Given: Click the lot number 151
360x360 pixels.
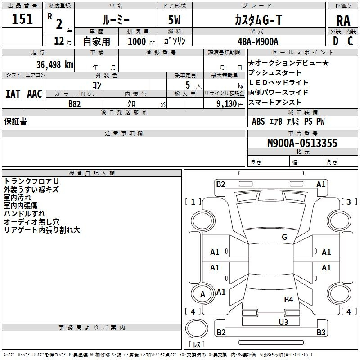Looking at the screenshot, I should pyautogui.click(x=22, y=19).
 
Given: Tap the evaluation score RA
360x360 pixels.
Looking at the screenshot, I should pyautogui.click(x=343, y=21).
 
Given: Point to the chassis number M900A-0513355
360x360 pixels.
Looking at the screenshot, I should pyautogui.click(x=302, y=143).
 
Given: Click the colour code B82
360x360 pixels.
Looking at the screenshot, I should pyautogui.click(x=74, y=103).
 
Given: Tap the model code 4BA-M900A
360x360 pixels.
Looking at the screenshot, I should pyautogui.click(x=258, y=41).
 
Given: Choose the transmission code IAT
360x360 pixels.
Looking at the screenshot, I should pyautogui.click(x=12, y=94).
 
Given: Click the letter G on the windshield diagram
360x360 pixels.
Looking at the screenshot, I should pyautogui.click(x=284, y=237).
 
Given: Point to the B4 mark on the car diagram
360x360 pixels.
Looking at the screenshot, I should pyautogui.click(x=288, y=299).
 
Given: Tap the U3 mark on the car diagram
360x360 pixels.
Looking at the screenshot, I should pyautogui.click(x=283, y=322).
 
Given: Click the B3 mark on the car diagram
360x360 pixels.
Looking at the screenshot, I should pyautogui.click(x=321, y=333).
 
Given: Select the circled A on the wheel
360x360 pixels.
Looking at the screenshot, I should pyautogui.click(x=202, y=294).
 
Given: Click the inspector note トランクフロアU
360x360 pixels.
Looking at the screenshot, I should pyautogui.click(x=31, y=181).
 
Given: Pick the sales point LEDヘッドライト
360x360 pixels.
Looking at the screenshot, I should pyautogui.click(x=278, y=82).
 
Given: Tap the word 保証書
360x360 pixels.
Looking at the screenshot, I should pyautogui.click(x=15, y=121).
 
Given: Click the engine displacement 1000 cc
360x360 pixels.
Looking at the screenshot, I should pyautogui.click(x=140, y=41).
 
